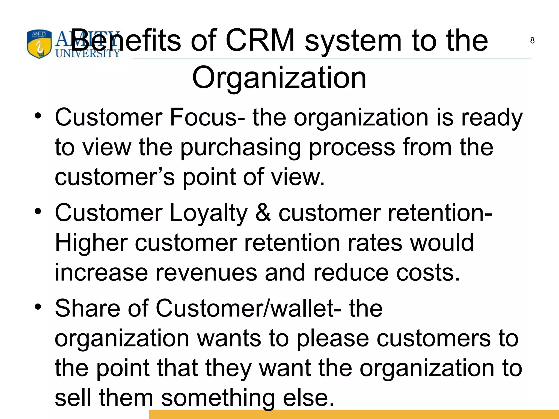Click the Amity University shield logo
coord(39,44)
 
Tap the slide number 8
coord(532,41)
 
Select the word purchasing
coord(240,148)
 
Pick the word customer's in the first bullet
coord(115,177)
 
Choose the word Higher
coord(91,243)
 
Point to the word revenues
coord(206,273)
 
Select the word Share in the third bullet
coord(87,308)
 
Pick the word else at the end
coord(308,398)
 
